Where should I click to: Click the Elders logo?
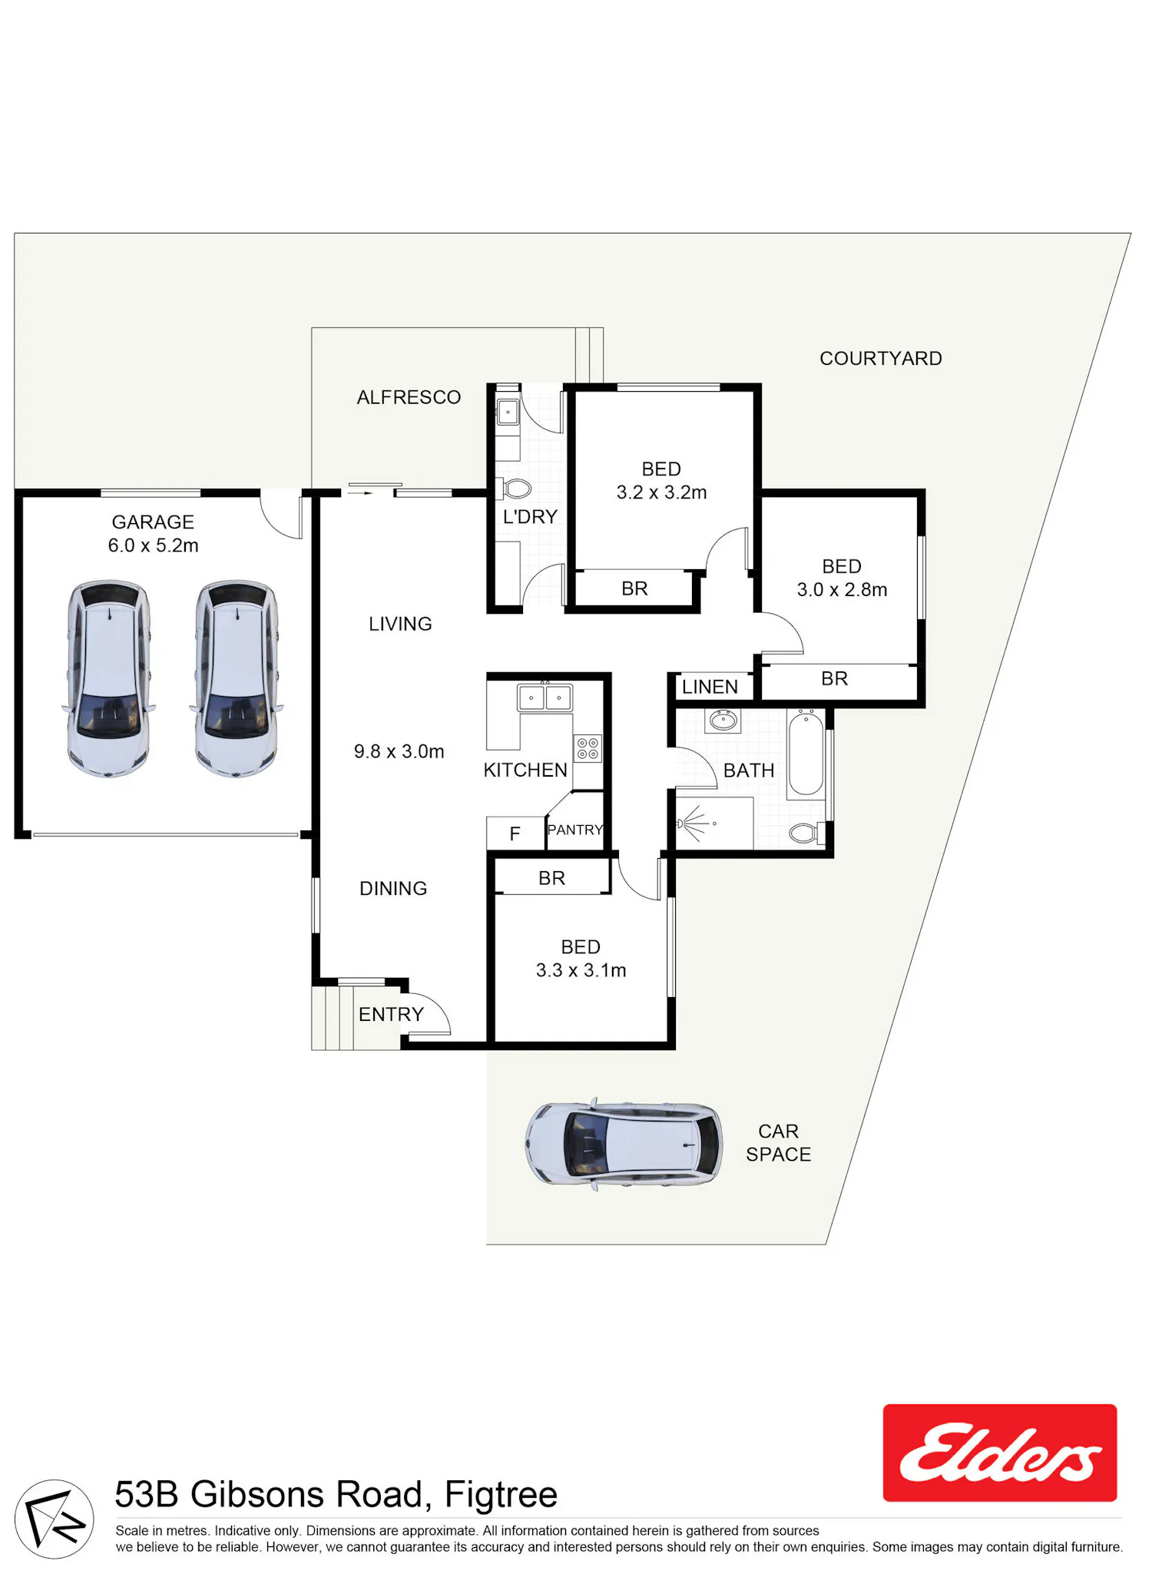click(999, 1453)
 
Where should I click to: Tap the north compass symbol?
click(55, 1519)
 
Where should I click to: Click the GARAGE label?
click(153, 522)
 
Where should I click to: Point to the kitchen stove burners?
click(588, 748)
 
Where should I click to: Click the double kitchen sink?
click(545, 698)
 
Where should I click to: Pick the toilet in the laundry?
click(515, 489)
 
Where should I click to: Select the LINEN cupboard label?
click(710, 687)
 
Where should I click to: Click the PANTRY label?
click(575, 830)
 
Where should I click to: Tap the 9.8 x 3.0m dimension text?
click(399, 751)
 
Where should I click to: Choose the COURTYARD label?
click(881, 359)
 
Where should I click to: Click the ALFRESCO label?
click(409, 397)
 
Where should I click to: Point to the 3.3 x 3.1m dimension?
click(581, 970)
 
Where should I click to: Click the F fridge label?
click(515, 833)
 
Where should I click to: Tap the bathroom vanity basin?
click(723, 721)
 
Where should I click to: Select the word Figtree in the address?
click(501, 1494)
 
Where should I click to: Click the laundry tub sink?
click(508, 413)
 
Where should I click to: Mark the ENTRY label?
click(391, 1014)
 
